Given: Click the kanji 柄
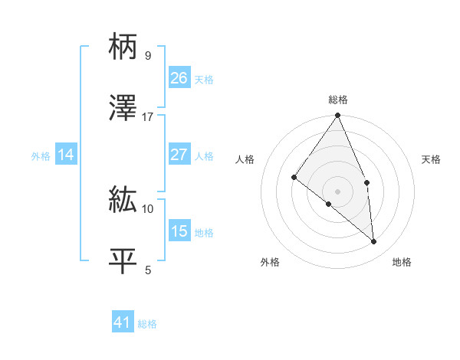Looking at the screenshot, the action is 123,47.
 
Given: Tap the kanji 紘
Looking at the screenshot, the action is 123,201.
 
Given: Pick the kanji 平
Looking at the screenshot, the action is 123,260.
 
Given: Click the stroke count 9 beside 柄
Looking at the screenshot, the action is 147,56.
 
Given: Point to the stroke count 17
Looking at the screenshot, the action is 148,116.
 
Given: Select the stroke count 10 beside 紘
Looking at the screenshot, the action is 148,208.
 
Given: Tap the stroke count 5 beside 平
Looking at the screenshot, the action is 147,269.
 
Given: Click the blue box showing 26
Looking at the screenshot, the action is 179,78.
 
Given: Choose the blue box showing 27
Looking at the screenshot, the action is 179,155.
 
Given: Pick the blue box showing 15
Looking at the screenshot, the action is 179,231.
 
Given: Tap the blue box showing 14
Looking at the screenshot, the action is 66,155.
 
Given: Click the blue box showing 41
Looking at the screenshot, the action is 123,322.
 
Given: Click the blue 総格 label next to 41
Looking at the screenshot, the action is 147,324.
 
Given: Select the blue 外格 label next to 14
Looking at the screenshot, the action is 41,156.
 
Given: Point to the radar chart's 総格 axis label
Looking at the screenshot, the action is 338,100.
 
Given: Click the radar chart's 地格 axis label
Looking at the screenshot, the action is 402,262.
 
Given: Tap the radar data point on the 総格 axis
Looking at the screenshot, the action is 337,116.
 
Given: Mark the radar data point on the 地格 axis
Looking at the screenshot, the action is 373,241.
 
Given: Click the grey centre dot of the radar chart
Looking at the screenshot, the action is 337,191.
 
